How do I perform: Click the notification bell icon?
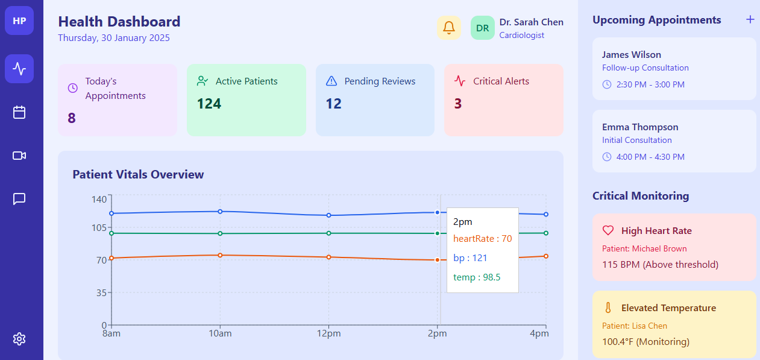pos(448,28)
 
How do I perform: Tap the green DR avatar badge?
pos(483,28)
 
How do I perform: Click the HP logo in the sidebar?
pos(19,21)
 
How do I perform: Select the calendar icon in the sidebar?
pos(19,112)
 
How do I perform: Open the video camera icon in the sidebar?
pos(19,156)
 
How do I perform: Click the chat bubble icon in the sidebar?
pos(19,198)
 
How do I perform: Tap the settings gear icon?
pos(19,339)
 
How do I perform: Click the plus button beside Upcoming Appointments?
pos(750,20)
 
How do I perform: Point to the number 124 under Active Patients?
pos(209,104)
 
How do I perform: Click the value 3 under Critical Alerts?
pos(458,104)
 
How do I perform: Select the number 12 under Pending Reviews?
pos(333,104)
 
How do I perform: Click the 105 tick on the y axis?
pos(99,227)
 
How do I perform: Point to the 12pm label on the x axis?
pos(328,333)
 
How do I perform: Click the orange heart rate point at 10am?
pos(220,255)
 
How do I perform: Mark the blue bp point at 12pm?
pos(328,215)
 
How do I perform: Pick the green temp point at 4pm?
pos(546,233)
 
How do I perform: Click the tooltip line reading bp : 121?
pos(470,258)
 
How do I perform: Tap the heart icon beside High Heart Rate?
pos(608,230)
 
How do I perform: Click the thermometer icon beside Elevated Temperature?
pos(608,308)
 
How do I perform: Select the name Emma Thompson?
pos(640,127)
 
